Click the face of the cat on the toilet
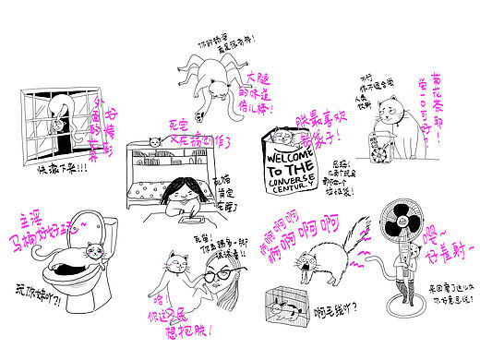pos(93,252)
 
